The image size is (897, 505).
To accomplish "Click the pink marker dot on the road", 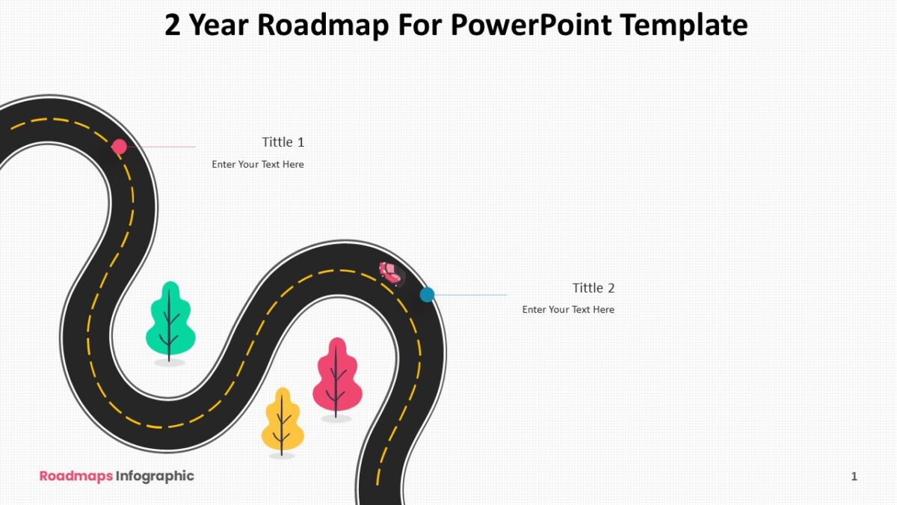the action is tap(120, 147).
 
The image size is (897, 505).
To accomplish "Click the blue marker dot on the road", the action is tap(428, 295).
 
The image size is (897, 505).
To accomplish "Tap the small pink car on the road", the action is tap(392, 274).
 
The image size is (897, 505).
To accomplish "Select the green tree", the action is tap(170, 322).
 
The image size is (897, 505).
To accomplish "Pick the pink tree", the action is tap(337, 379).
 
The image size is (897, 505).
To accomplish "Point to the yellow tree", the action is tap(283, 422).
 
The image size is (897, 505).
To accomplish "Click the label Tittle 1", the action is tap(283, 142).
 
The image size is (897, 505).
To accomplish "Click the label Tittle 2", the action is tap(594, 288).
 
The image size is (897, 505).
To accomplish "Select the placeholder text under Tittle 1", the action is tap(258, 165).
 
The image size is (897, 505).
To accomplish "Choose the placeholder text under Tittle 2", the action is tap(568, 310).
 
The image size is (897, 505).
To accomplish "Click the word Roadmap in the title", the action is tap(323, 25).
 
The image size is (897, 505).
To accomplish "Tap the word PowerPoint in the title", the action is tap(531, 25).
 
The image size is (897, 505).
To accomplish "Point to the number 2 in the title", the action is tap(173, 25).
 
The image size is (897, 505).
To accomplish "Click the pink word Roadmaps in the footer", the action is tap(76, 476).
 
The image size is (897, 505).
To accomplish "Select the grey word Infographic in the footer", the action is tap(155, 476).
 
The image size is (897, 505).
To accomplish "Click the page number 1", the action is tap(854, 476).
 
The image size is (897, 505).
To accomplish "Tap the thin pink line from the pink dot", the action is tap(161, 147).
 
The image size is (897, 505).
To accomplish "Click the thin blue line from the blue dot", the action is tap(471, 295).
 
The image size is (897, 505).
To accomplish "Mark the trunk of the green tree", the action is tap(169, 325).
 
